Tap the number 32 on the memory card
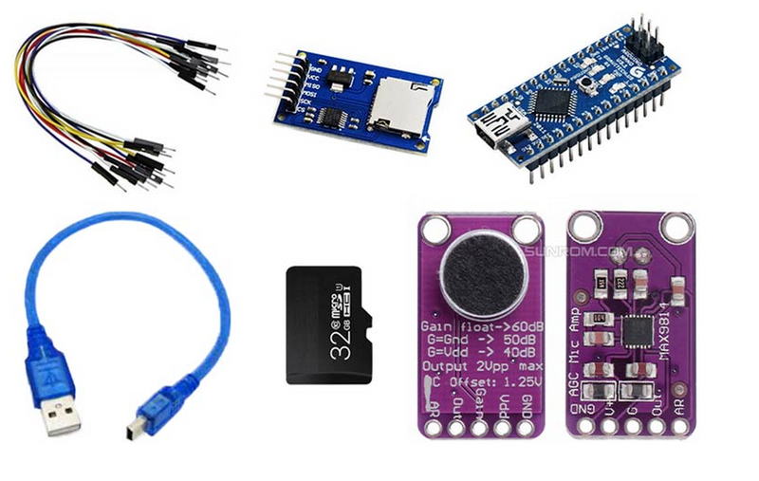coord(338,348)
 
